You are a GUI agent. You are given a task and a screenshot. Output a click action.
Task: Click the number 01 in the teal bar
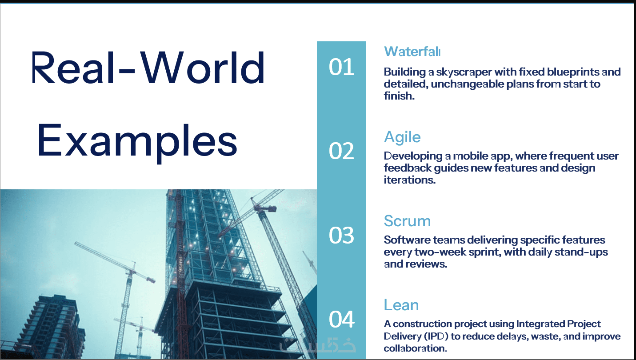341,67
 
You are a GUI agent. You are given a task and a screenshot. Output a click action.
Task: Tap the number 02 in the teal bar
341,151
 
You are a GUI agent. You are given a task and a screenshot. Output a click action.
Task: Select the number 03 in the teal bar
341,235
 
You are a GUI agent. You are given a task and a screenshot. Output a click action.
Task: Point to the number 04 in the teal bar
341,319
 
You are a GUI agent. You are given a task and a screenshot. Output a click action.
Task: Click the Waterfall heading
412,52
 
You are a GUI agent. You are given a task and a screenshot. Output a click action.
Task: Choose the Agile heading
402,138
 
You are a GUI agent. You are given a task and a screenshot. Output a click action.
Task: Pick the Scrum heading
407,221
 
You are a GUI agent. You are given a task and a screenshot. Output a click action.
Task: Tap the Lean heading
401,305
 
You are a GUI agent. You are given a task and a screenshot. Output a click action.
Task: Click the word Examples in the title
137,140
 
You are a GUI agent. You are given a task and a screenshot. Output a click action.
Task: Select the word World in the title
203,68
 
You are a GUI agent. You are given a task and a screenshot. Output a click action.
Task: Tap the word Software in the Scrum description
407,240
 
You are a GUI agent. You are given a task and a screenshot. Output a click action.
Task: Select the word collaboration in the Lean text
416,348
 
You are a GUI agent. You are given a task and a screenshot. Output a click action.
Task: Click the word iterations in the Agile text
410,180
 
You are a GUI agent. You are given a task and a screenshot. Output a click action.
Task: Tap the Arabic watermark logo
317,344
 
